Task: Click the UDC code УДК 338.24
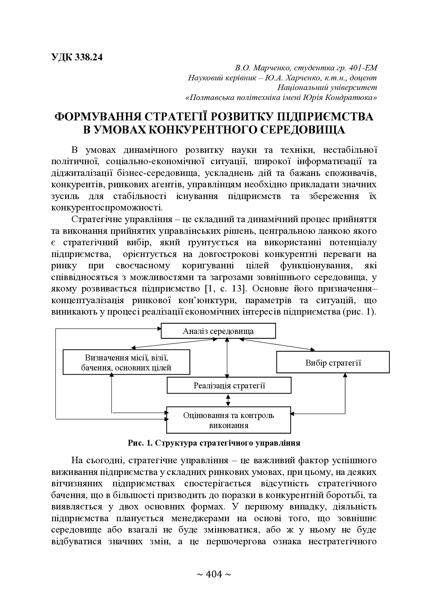click(x=77, y=57)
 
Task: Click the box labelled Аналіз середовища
click(x=218, y=331)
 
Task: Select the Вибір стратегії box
click(x=333, y=363)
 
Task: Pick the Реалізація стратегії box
click(x=229, y=385)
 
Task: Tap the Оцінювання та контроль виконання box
click(x=228, y=420)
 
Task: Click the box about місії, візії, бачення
click(x=126, y=362)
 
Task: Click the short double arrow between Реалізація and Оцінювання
click(x=227, y=400)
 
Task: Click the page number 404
click(x=214, y=574)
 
